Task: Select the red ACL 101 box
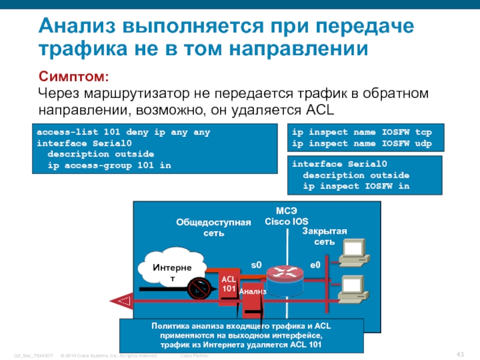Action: [229, 284]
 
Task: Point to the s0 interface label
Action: [256, 265]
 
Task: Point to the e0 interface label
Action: [315, 265]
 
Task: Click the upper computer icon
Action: [352, 253]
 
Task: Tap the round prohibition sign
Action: [198, 289]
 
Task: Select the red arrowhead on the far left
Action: [122, 298]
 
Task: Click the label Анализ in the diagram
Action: [252, 291]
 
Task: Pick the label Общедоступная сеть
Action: [213, 228]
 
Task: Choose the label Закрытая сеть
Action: [325, 236]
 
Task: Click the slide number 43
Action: [461, 352]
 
